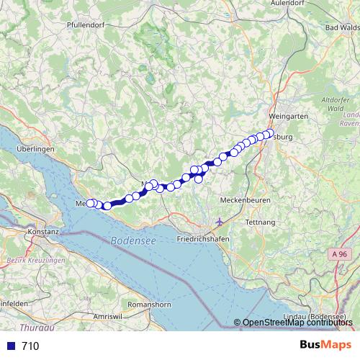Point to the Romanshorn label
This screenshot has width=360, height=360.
[x=148, y=305]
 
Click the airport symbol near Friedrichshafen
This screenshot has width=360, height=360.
[x=220, y=221]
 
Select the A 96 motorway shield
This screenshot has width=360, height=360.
[x=342, y=254]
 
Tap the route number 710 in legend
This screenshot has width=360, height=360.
[x=30, y=346]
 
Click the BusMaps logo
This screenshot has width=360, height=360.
[x=325, y=345]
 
